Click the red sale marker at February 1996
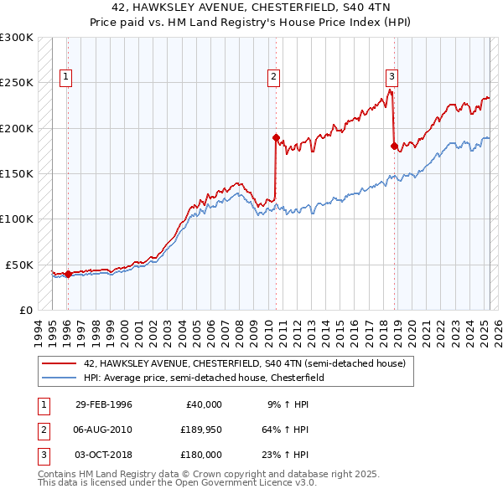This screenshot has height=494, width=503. [67, 274]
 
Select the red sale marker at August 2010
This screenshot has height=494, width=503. [275, 136]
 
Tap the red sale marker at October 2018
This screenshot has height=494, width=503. [393, 146]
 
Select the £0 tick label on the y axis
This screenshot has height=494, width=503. [24, 310]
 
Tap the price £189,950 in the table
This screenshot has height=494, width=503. [199, 430]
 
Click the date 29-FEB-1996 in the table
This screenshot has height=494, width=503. [103, 404]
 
